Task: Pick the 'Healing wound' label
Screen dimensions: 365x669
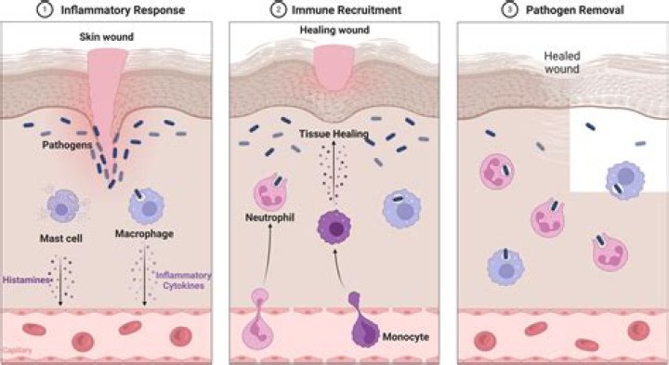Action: [329, 32]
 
